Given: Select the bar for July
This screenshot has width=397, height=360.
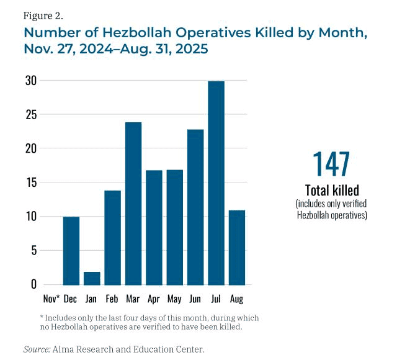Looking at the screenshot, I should point(216,183).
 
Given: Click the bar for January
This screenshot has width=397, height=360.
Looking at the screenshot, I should point(92,278).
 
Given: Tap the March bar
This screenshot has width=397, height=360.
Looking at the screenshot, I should point(133,204).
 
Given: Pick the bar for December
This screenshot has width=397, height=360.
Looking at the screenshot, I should point(71,251).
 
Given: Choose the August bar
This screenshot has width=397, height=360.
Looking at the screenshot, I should point(237,247).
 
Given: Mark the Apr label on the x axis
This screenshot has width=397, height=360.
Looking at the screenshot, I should point(154,299).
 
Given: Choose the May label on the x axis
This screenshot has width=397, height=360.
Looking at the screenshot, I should point(174,299).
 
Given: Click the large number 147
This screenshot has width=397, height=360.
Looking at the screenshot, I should point(331,163).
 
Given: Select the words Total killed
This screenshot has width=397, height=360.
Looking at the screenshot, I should point(331,191).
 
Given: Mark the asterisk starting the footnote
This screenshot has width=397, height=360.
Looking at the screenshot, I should point(41,318).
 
